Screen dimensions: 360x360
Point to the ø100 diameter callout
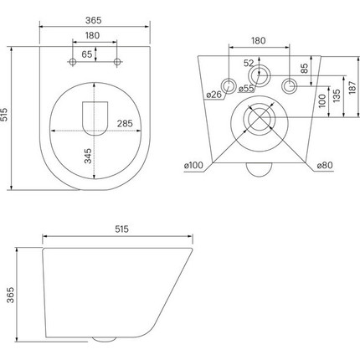[195, 166]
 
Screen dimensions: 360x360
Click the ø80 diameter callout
[326, 166]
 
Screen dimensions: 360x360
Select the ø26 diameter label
[213, 94]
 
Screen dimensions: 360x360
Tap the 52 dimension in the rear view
[249, 64]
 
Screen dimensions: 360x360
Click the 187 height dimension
[352, 85]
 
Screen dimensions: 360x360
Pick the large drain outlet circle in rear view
[258, 121]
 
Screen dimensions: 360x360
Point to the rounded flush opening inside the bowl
[97, 116]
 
